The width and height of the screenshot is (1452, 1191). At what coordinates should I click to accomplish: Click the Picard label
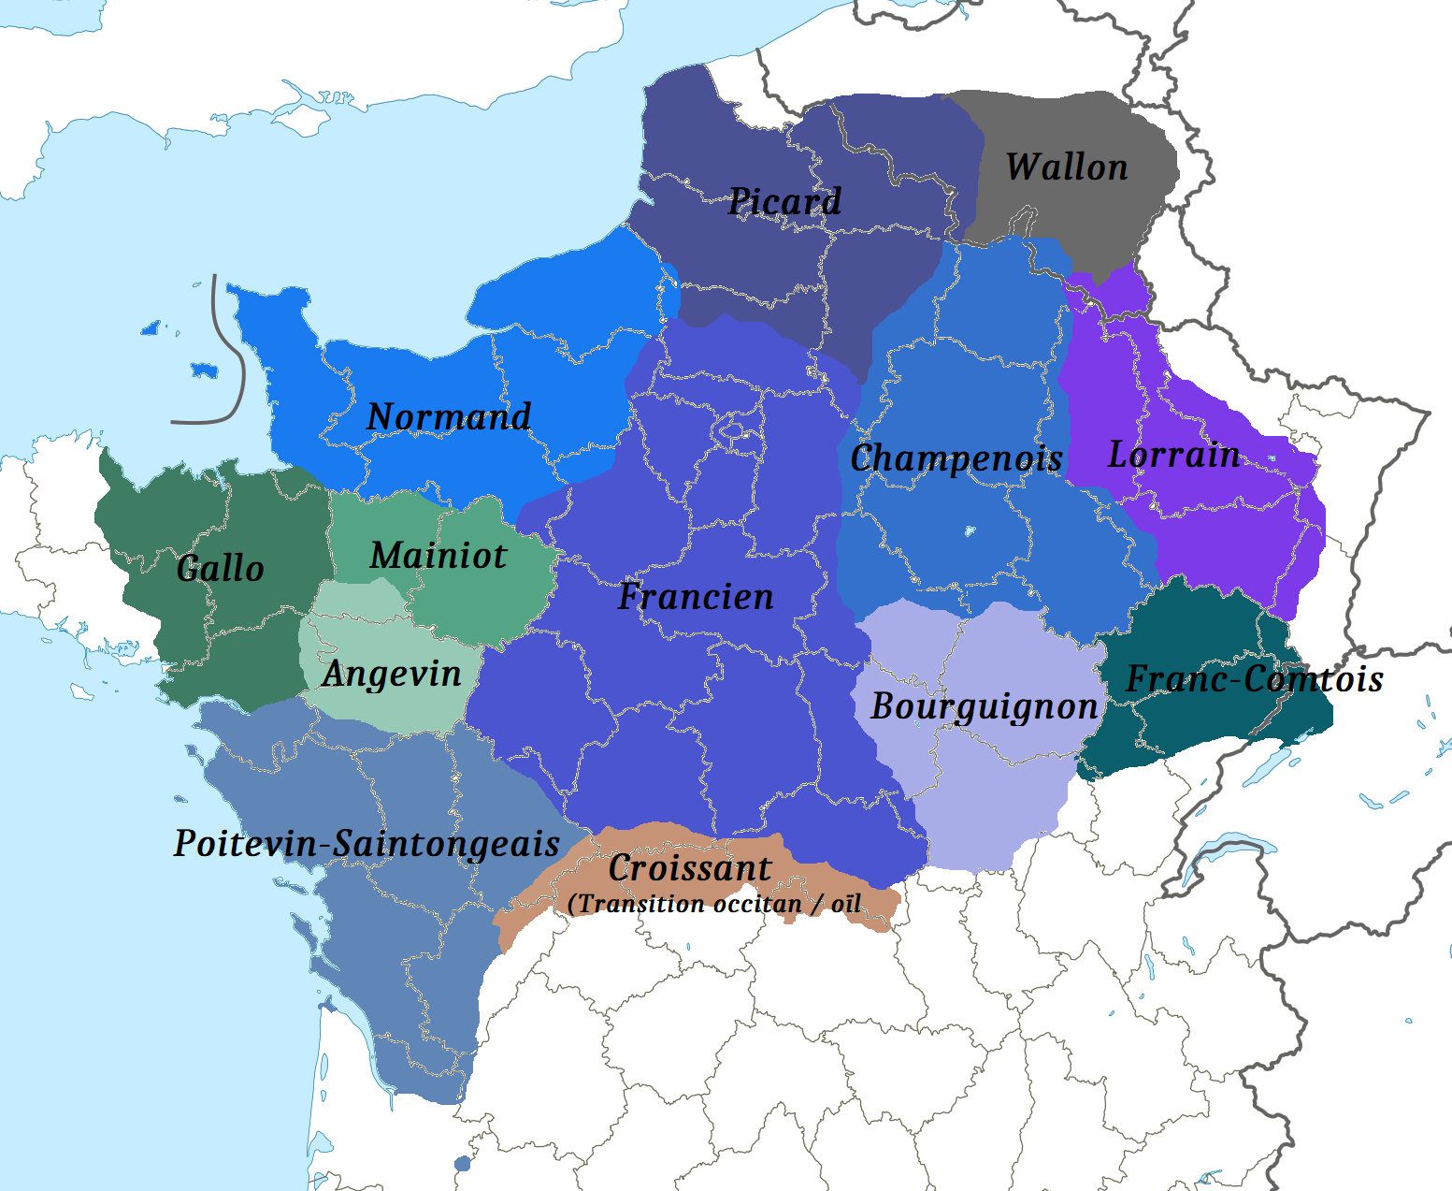pos(784,201)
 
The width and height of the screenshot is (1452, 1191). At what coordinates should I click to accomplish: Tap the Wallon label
pos(1067,167)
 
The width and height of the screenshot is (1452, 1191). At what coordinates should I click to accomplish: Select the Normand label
pos(449,416)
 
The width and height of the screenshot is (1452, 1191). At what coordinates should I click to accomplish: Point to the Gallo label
pos(220,568)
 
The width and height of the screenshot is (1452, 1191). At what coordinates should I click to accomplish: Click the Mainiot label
pos(438,556)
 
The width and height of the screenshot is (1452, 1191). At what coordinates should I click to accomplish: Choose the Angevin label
pos(392,674)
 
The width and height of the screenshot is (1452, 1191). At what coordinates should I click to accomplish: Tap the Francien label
pos(696,597)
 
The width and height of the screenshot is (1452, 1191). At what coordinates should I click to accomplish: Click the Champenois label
pos(956,458)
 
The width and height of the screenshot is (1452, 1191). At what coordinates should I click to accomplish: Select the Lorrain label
pos(1173,455)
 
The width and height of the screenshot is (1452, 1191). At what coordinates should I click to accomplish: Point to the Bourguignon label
pos(984,706)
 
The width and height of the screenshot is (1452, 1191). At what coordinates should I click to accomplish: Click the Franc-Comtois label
pos(1254,679)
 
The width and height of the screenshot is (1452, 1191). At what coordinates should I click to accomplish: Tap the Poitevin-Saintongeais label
pos(367,844)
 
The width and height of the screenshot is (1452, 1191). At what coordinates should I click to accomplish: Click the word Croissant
pos(690,868)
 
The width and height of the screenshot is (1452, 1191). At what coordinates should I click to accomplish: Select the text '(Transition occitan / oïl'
pos(714,904)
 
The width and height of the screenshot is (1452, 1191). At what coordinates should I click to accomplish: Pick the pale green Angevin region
pos(355,617)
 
